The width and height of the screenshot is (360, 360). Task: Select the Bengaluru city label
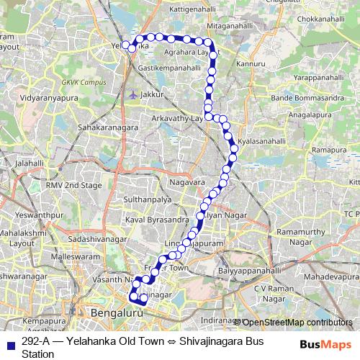pos(114,313)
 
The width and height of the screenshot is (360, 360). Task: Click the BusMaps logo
pos(328,344)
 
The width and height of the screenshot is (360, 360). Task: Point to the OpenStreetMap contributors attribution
pos(297,322)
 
